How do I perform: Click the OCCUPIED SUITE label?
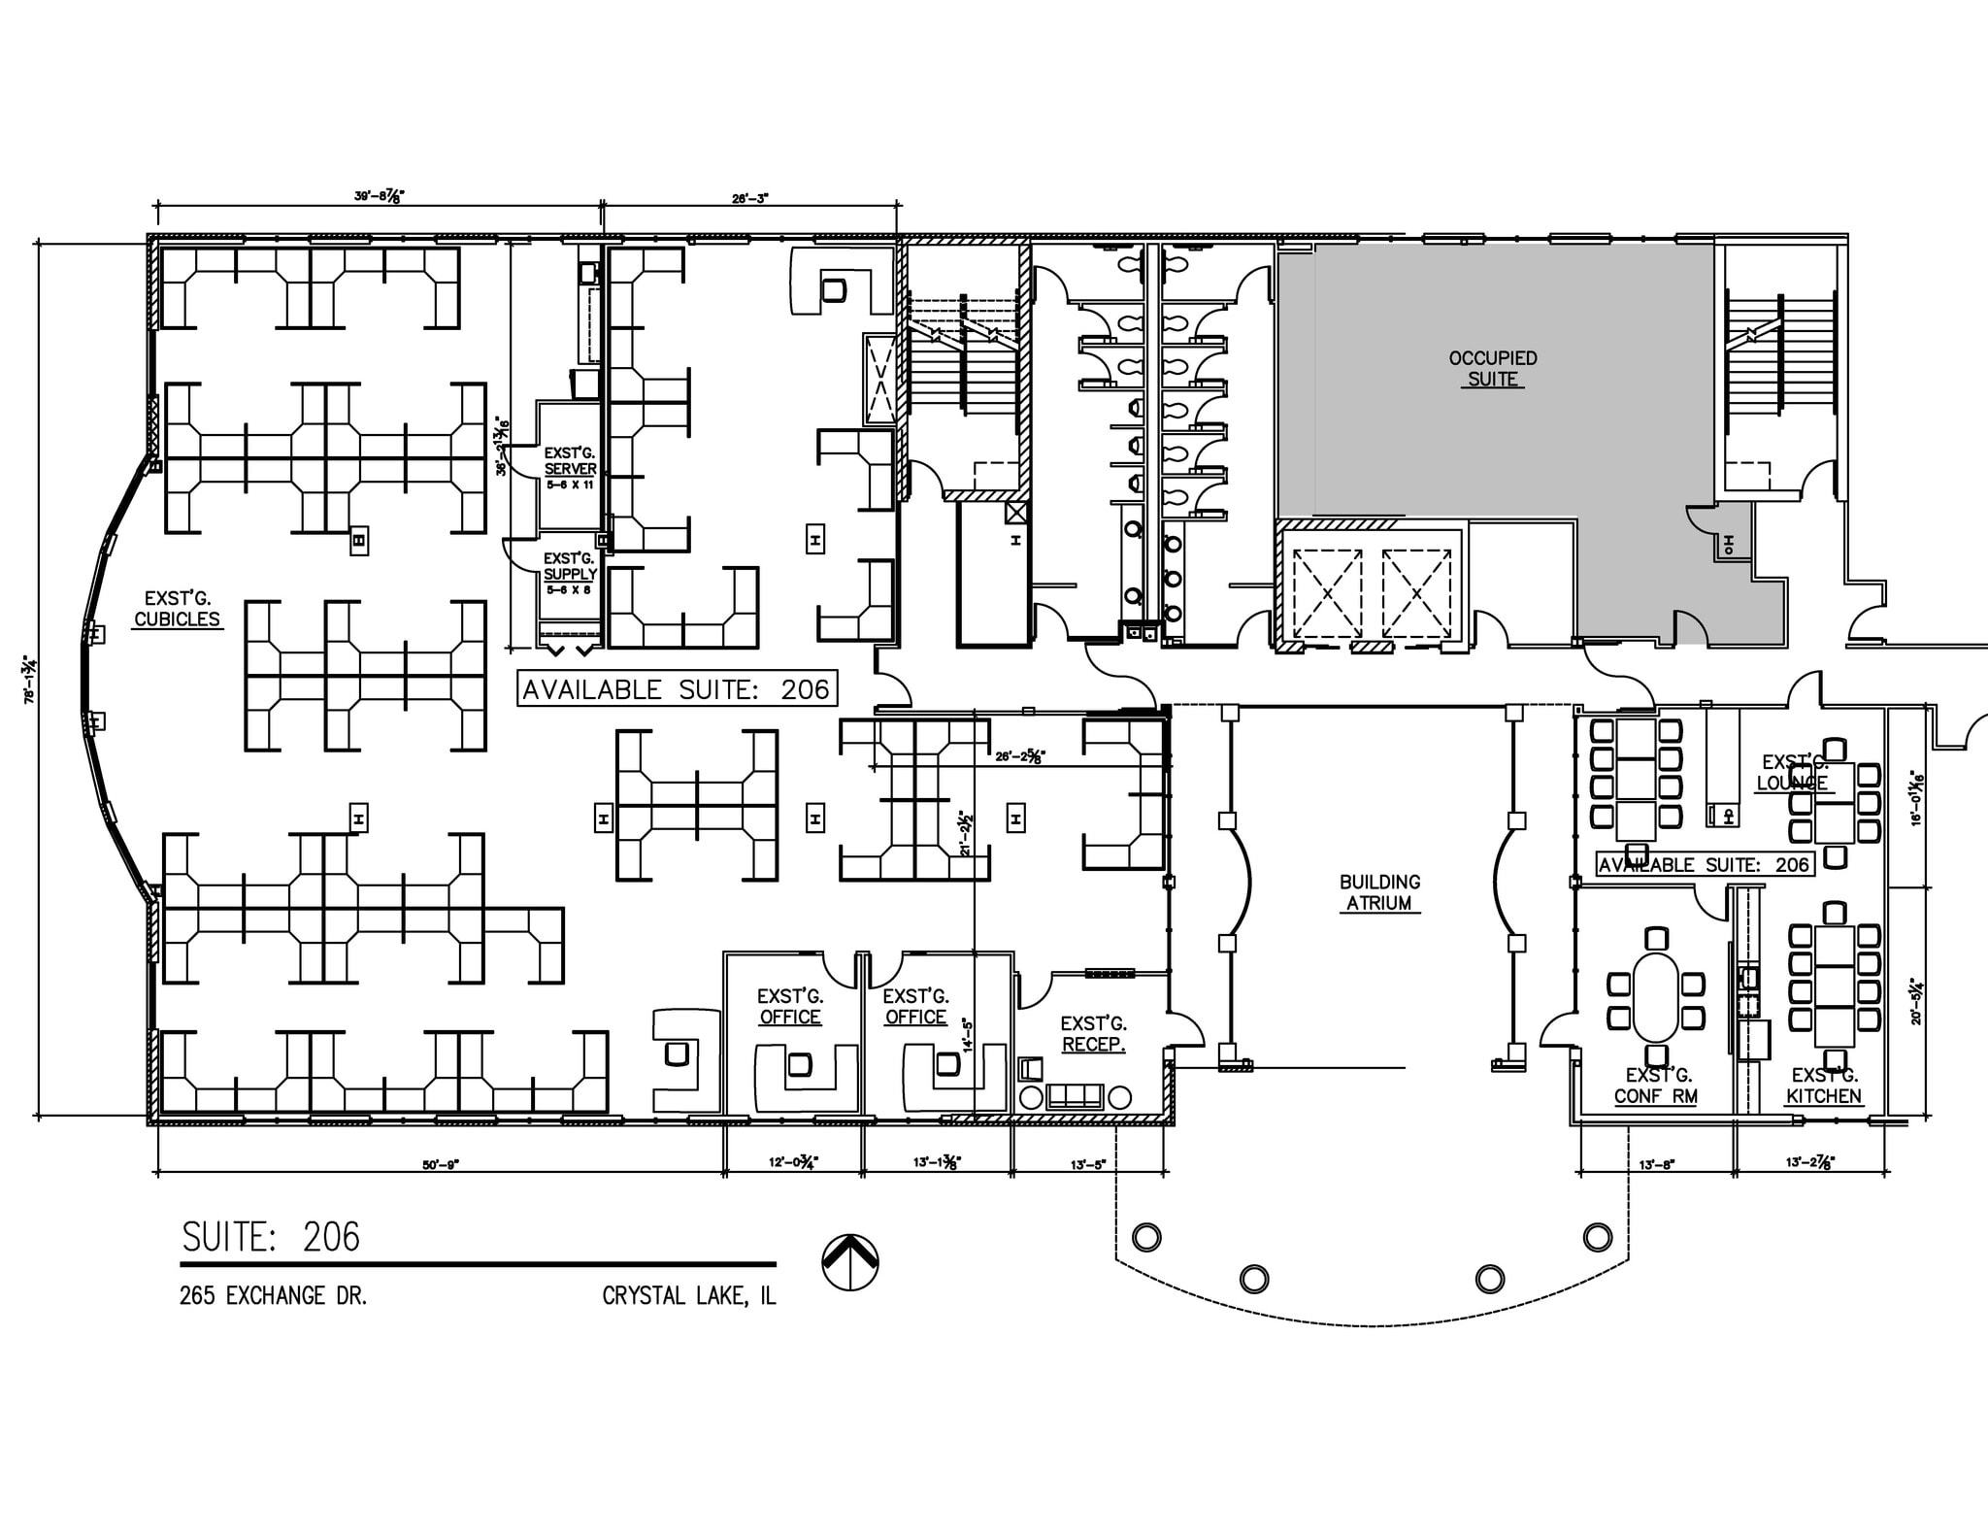1492,369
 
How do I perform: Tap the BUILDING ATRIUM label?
1379,892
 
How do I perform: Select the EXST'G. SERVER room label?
570,462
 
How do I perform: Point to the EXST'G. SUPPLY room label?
570,567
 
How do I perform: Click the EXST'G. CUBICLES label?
177,609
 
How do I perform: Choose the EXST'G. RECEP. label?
1093,1034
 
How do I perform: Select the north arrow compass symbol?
850,1262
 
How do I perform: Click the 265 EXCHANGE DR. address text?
273,1296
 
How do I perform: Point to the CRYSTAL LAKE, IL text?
688,1296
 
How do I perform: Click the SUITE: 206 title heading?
271,1237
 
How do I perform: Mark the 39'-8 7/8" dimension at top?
379,196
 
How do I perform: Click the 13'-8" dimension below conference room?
1656,1163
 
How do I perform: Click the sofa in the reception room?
1075,1097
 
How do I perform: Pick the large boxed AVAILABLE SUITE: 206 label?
676,689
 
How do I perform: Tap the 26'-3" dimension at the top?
749,198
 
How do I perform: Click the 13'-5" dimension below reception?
1088,1163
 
